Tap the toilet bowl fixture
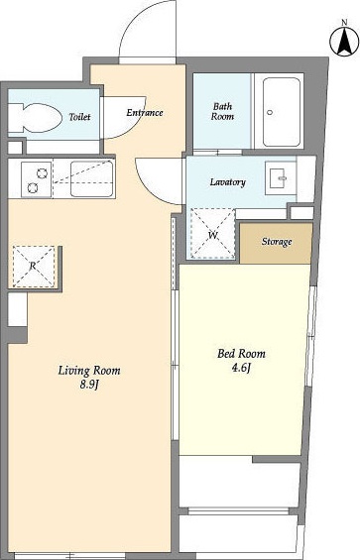click(33, 118)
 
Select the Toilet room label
click(79, 117)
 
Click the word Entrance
click(145, 113)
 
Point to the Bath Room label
click(222, 111)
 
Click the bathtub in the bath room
click(281, 112)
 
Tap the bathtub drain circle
click(270, 112)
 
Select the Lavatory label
click(228, 182)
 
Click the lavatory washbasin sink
click(281, 177)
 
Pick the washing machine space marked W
click(212, 233)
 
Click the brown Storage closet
click(276, 243)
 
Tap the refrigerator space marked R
click(34, 266)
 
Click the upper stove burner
click(43, 173)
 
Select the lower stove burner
click(33, 187)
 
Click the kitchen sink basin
click(92, 179)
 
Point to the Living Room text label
click(89, 371)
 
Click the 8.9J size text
click(89, 385)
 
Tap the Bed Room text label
click(241, 354)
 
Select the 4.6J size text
click(241, 368)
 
